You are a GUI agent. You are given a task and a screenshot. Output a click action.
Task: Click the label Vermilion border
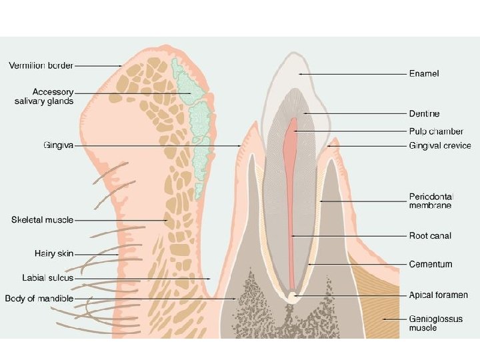pos(41,65)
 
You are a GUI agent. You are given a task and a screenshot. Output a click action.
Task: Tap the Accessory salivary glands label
pos(44,96)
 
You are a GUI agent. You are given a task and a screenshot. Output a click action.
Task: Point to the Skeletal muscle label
pos(42,219)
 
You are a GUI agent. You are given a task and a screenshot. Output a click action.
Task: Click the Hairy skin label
pos(54,253)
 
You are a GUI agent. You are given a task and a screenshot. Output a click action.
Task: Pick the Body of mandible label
pos(39,298)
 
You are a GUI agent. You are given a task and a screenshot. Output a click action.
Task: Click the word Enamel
pos(423,73)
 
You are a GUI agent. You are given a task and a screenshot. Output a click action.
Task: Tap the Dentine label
pos(424,114)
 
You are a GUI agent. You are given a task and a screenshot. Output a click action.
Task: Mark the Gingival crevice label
pos(439,145)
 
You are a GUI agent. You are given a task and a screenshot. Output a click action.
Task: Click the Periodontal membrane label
pos(431,201)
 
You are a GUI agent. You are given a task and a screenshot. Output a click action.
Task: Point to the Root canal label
pos(429,235)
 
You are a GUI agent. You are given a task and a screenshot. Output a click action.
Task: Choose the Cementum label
pos(430,264)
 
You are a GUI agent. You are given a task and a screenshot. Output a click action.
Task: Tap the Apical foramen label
pos(438,295)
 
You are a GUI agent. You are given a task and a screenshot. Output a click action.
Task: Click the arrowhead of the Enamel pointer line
pos(301,73)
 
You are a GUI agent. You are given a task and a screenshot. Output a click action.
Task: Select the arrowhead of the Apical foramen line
pos(296,295)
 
